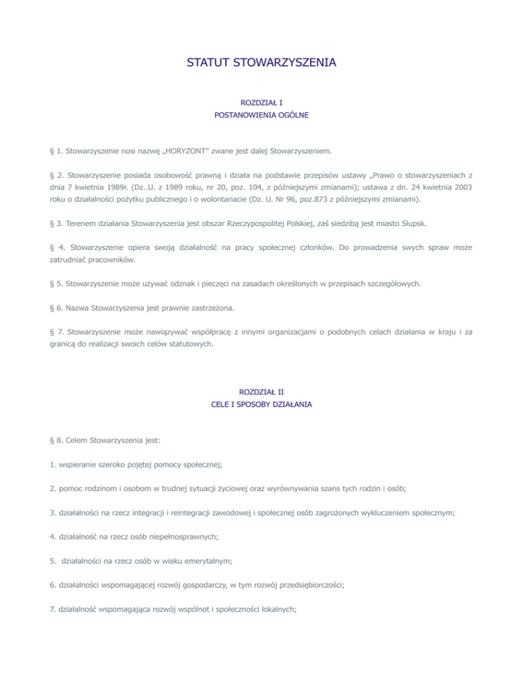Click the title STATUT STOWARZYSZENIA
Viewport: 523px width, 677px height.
(261, 64)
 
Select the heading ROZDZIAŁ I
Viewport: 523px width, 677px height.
(261, 102)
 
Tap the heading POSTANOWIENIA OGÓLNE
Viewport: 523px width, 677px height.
(261, 116)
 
